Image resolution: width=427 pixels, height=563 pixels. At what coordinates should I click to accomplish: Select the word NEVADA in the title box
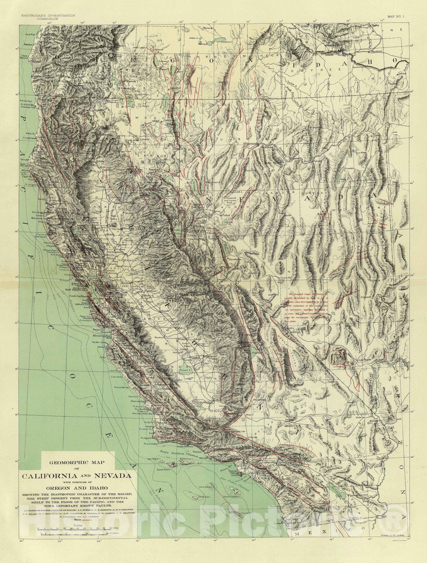click(x=113, y=476)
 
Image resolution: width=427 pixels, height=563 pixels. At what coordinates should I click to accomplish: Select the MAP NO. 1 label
click(x=398, y=16)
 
